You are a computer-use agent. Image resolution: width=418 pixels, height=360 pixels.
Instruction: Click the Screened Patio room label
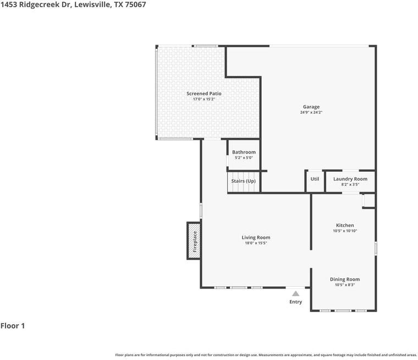[x=204, y=94]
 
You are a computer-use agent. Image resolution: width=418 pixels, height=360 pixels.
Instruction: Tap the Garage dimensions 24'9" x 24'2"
[x=311, y=112]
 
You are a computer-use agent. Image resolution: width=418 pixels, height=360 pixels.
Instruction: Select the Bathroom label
[x=244, y=152]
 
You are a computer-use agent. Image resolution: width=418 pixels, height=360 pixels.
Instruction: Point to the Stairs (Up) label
[x=243, y=181]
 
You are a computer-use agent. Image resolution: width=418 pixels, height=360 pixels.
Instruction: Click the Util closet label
[x=315, y=179]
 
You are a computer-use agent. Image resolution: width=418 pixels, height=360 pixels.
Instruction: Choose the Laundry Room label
[x=350, y=179]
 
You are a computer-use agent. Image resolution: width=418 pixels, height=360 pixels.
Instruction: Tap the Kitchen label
[x=345, y=225]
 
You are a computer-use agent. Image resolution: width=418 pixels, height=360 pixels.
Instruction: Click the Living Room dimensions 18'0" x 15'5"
[x=256, y=243]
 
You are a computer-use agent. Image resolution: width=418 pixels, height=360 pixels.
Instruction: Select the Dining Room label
[x=345, y=280]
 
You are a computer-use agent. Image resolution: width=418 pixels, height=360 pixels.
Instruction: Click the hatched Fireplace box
[x=194, y=241]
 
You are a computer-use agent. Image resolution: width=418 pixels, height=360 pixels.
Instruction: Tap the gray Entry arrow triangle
[x=295, y=293]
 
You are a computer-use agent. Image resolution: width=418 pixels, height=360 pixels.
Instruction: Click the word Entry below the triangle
[x=295, y=302]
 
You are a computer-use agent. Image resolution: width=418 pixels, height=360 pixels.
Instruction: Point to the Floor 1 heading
[x=13, y=326]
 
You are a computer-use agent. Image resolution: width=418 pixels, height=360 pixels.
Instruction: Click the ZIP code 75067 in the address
[x=135, y=4]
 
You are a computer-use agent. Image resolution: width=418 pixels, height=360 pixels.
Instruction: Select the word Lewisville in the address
[x=92, y=4]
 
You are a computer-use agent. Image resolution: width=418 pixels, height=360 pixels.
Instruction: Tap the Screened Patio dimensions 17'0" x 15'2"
[x=204, y=99]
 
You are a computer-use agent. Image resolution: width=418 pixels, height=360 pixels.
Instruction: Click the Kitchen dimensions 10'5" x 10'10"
[x=345, y=231]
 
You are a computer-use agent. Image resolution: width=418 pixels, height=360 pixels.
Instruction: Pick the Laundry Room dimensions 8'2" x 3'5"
[x=350, y=184]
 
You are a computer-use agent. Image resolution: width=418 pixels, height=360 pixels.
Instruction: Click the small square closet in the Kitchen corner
[x=369, y=201]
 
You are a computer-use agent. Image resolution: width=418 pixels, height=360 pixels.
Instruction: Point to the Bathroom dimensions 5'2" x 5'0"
[x=244, y=158]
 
